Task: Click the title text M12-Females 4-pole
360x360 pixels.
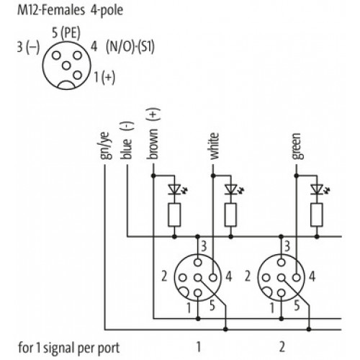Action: (x=70, y=11)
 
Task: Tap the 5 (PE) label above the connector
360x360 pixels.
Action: (x=66, y=33)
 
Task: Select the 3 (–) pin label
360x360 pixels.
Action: (x=28, y=47)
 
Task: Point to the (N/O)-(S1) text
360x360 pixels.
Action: (x=130, y=47)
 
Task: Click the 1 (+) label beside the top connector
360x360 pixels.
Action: (x=104, y=77)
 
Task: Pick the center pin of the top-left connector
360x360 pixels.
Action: (x=66, y=66)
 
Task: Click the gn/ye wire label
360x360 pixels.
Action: (x=106, y=146)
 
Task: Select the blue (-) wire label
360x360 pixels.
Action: (x=127, y=140)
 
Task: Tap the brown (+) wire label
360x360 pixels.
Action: (x=153, y=134)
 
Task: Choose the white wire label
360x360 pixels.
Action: (x=215, y=146)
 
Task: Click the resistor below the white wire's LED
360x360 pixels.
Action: (x=230, y=215)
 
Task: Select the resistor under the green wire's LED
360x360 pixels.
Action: (x=317, y=215)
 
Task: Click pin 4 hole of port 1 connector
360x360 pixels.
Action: (x=213, y=278)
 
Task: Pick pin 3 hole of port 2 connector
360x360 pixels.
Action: (x=281, y=262)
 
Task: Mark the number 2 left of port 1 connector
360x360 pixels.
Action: (x=164, y=276)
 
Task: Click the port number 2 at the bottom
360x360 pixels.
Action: (x=282, y=346)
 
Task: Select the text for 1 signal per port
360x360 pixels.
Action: (x=69, y=348)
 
